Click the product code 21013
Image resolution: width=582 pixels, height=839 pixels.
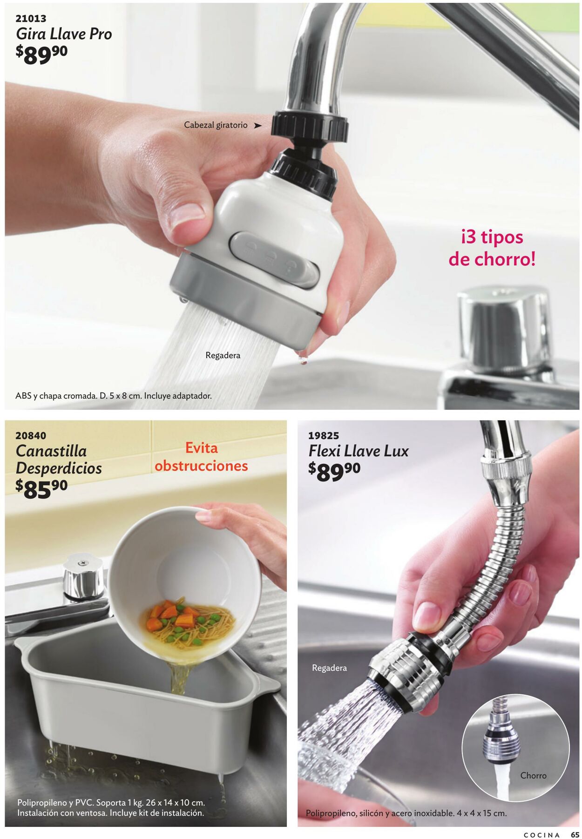tap(31, 18)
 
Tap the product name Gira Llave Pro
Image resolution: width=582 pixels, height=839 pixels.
tap(64, 34)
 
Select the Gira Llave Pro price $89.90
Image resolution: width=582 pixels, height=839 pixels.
tap(41, 55)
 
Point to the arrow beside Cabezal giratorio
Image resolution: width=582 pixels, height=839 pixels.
tap(257, 125)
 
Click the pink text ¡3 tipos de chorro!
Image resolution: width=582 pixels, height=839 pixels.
tap(492, 248)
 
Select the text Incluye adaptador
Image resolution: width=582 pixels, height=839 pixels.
tap(178, 396)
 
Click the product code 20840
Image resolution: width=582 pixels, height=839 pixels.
tap(31, 435)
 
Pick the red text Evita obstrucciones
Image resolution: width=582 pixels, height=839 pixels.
tap(201, 457)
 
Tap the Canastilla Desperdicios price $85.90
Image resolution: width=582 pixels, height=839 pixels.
tap(41, 489)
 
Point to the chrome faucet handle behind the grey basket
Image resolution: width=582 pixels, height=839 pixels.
tap(83, 577)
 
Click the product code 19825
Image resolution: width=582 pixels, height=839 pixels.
tap(324, 435)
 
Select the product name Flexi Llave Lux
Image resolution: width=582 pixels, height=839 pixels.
tap(359, 451)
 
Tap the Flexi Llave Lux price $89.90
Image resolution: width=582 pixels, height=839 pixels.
tap(334, 472)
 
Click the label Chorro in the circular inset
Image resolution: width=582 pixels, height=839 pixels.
tap(533, 775)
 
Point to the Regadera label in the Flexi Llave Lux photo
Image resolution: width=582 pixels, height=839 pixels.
tap(329, 668)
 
